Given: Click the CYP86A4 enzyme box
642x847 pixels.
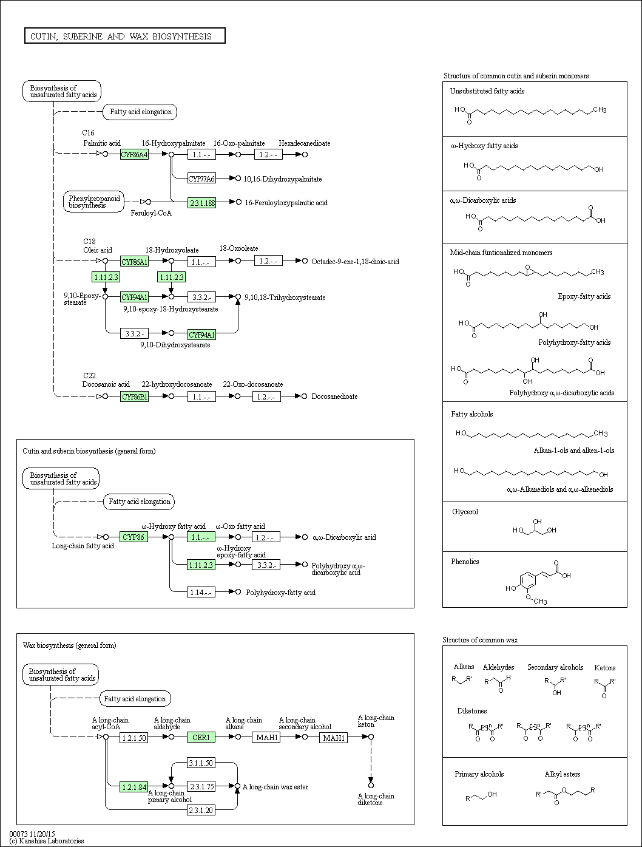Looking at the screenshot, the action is point(134,154).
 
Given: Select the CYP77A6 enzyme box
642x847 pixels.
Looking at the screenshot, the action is point(201,179).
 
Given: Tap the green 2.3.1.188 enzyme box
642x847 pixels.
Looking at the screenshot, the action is point(201,203).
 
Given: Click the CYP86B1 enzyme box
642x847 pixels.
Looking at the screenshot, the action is point(134,396).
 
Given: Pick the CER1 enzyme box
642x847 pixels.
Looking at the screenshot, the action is point(201,738).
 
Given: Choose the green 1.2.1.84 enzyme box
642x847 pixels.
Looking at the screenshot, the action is point(133,787).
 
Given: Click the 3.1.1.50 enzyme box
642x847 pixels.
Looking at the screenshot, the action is point(201,763).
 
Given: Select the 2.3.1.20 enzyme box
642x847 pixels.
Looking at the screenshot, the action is point(201,810).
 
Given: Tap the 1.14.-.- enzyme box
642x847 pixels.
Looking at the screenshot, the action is point(201,592).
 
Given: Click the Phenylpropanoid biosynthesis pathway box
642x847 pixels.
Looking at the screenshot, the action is point(93,202).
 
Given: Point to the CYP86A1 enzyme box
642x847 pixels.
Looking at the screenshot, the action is point(134,262).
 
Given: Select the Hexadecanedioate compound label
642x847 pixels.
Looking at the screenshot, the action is point(305,143).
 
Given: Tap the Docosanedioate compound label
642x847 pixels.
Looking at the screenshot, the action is point(335,396).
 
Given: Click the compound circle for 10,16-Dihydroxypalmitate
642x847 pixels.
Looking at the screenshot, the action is point(238,179).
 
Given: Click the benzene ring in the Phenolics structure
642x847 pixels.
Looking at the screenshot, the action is point(527,580).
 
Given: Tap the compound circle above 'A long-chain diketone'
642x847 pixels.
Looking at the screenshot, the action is point(371,785).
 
